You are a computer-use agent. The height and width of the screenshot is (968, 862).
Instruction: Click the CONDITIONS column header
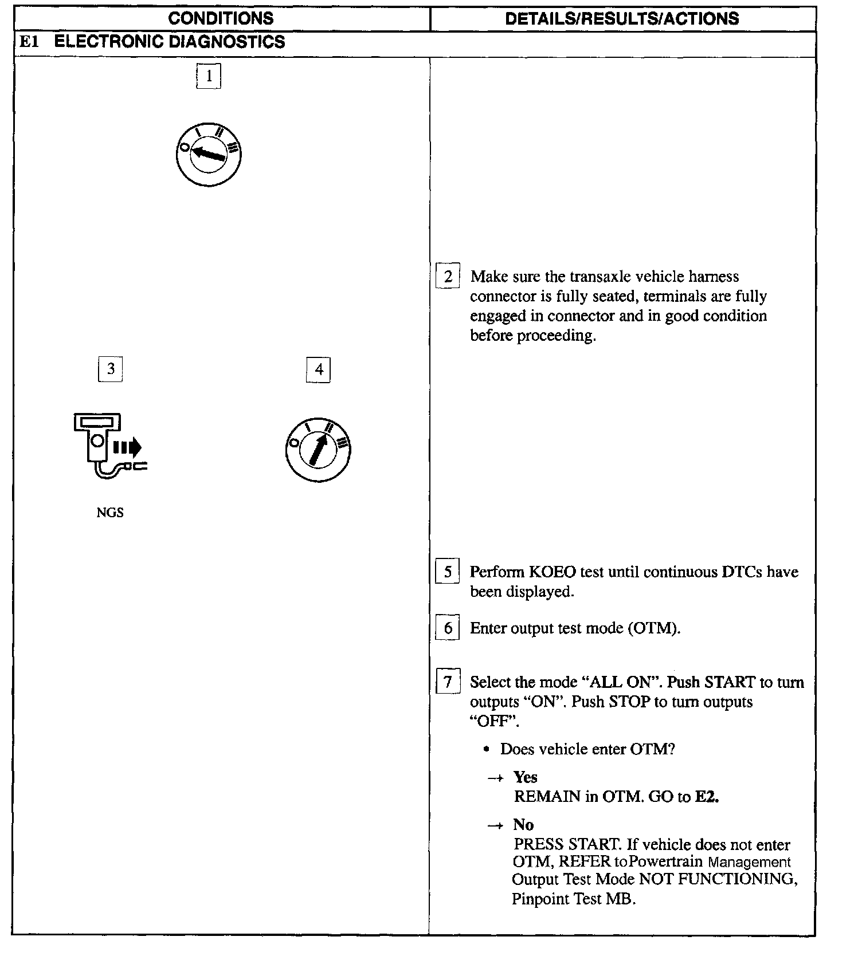[221, 18]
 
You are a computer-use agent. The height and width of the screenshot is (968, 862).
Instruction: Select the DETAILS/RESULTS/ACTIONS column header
[622, 18]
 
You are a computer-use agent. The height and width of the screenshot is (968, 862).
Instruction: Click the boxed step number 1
[209, 76]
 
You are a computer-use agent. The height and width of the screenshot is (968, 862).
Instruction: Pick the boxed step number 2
[448, 277]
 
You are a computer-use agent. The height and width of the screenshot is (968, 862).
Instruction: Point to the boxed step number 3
[111, 368]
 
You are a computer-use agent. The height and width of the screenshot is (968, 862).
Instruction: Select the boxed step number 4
[319, 369]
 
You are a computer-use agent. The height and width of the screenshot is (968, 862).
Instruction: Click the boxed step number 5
[448, 572]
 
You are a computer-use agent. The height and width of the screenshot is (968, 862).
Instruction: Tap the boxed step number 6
[448, 628]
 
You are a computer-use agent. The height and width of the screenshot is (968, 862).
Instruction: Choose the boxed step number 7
[448, 682]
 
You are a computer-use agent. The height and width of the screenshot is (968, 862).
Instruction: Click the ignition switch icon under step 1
[209, 154]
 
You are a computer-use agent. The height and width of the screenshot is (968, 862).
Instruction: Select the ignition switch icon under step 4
[318, 450]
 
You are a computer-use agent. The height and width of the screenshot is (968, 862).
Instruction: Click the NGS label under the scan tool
[110, 513]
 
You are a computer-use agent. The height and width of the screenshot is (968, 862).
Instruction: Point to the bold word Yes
[525, 777]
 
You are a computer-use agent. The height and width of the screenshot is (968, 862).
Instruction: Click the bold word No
[523, 825]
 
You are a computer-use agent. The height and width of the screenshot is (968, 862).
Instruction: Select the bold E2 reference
[707, 797]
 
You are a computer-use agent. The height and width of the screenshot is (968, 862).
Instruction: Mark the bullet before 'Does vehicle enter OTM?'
[487, 750]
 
